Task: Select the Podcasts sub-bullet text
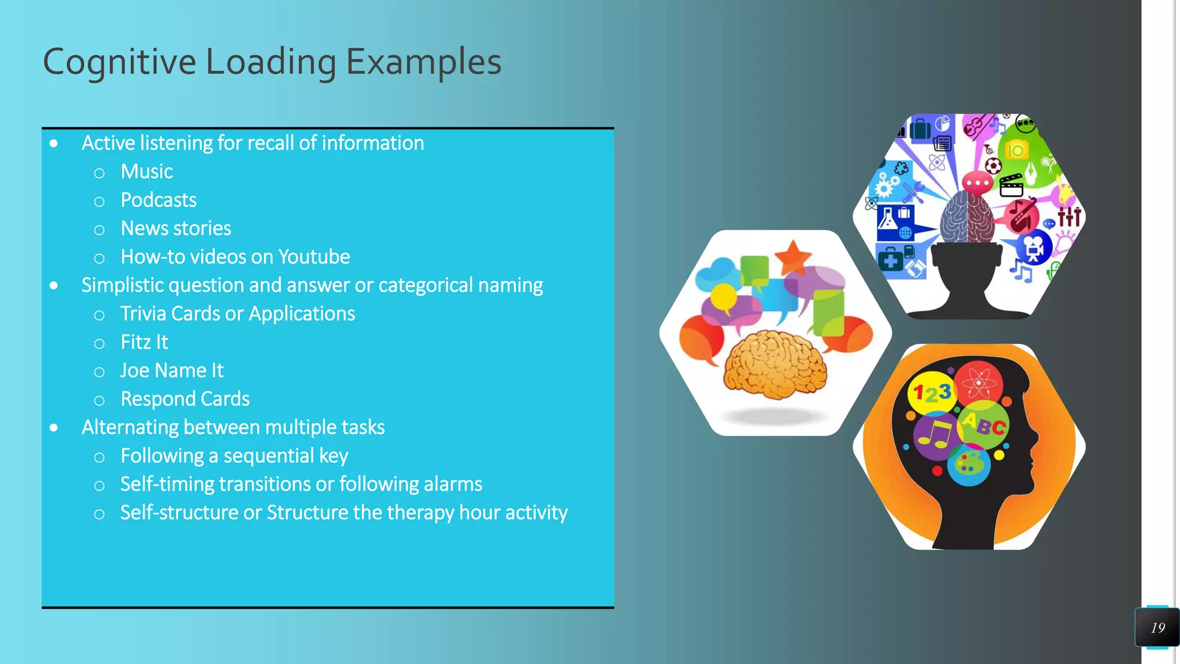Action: pyautogui.click(x=158, y=200)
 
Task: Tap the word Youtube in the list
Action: pyautogui.click(x=313, y=257)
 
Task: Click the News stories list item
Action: pyautogui.click(x=176, y=229)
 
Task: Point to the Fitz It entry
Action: pyautogui.click(x=144, y=342)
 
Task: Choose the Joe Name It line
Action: pyautogui.click(x=172, y=371)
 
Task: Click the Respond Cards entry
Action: pyautogui.click(x=185, y=399)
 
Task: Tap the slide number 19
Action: pyautogui.click(x=1158, y=628)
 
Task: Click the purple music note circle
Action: pyautogui.click(x=935, y=435)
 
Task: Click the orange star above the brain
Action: pyautogui.click(x=793, y=257)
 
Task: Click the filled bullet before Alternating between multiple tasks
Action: pyautogui.click(x=54, y=428)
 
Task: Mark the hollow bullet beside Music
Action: pyautogui.click(x=99, y=173)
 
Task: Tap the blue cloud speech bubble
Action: pyautogui.click(x=716, y=275)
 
